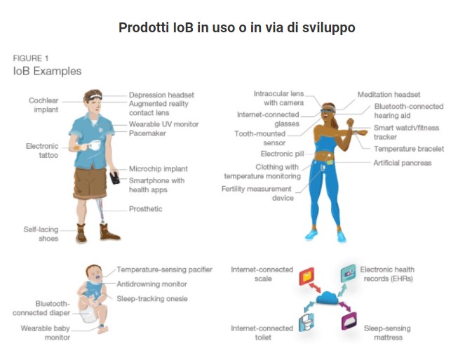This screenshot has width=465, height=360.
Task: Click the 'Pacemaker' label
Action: point(147,133)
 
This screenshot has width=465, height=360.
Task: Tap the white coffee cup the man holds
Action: point(94,145)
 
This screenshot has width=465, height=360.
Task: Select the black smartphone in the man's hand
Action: point(115,178)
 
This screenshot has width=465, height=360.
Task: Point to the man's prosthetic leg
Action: point(100,210)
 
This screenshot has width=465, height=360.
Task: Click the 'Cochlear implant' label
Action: point(43,105)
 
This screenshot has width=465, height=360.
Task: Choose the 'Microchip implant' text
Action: point(159,169)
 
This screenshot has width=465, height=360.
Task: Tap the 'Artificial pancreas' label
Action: point(402,163)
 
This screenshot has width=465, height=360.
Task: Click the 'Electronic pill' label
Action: point(283,154)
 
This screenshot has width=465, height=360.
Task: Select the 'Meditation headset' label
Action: point(389,95)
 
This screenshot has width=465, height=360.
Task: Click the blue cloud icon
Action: point(327,298)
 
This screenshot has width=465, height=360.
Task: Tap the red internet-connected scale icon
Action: point(306,276)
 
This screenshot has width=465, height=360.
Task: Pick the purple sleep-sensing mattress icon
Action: point(349,321)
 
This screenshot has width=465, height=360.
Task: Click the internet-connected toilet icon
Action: point(306,323)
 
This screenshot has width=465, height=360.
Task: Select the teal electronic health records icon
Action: point(348,273)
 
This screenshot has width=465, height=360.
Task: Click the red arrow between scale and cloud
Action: point(315,288)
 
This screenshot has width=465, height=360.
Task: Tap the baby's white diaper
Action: point(88,316)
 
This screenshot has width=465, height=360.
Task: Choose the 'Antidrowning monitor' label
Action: point(151,284)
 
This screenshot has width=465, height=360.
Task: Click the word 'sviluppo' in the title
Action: point(328,27)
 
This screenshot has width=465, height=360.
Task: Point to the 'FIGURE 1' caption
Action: point(31,58)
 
